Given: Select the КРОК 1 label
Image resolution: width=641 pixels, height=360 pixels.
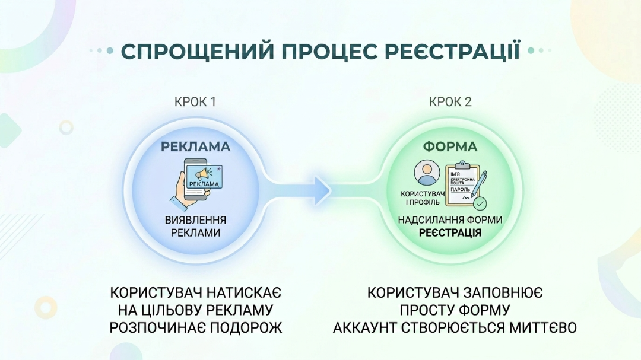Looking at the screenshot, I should coord(195,102).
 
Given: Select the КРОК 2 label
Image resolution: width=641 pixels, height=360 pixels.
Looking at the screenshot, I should coord(450,102).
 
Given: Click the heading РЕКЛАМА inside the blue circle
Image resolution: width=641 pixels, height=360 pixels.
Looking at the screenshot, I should coord(195,146).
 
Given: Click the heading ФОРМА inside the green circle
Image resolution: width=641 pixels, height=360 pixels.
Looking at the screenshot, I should coord(450,146).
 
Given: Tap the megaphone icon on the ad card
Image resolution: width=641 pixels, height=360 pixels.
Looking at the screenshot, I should coord(202,173).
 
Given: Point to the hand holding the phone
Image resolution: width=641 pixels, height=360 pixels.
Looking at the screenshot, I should coord(185,193).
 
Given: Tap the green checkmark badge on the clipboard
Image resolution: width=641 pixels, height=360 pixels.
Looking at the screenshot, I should coord(480,203).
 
